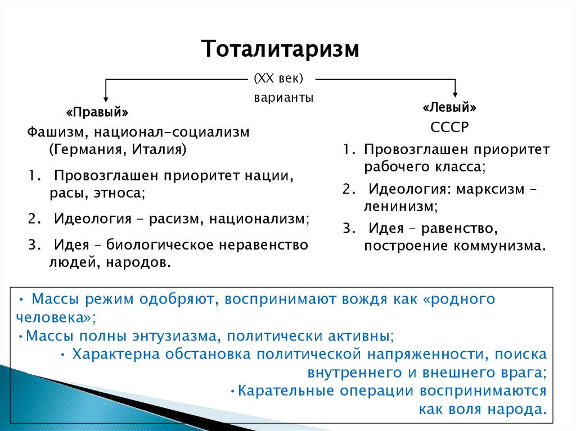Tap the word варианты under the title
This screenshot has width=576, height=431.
[283, 97]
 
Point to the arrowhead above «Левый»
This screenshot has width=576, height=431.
[456, 93]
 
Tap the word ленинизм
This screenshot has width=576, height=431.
[399, 206]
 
